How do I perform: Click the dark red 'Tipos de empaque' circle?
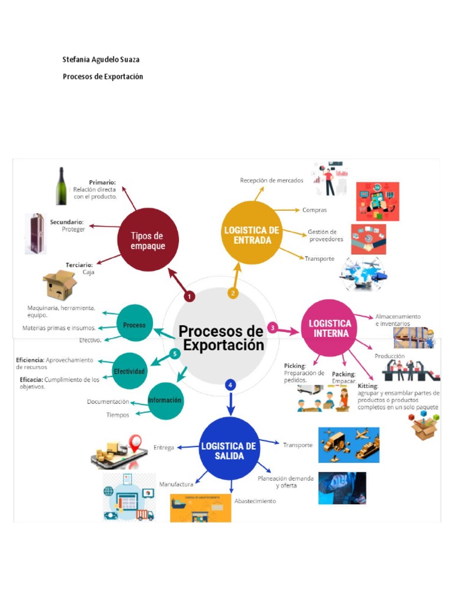[x=147, y=240]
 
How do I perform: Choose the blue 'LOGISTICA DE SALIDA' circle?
[x=229, y=449]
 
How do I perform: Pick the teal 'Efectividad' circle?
[x=129, y=371]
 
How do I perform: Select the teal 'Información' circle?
[x=165, y=400]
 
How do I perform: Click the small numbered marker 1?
[x=190, y=296]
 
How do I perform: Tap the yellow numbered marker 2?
[x=233, y=293]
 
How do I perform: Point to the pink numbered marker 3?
[x=272, y=327]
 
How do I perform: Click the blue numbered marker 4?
[x=230, y=385]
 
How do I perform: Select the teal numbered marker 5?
[x=174, y=354]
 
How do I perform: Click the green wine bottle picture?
[x=61, y=186]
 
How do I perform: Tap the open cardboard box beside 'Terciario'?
[x=59, y=286]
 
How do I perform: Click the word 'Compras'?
[x=314, y=210]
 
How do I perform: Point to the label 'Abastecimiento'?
[x=255, y=501]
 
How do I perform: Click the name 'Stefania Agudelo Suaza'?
[x=101, y=59]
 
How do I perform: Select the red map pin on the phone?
[x=137, y=442]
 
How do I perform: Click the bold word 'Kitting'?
[x=367, y=386]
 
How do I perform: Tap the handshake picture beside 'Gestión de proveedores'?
[x=368, y=238]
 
